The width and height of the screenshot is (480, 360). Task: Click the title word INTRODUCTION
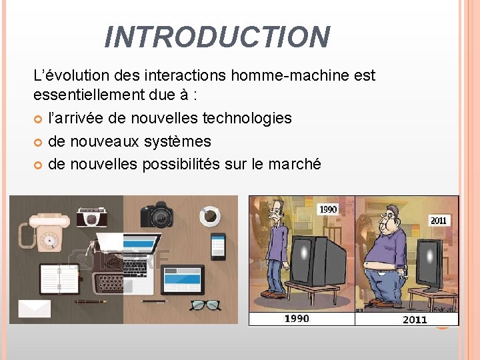pyautogui.click(x=217, y=37)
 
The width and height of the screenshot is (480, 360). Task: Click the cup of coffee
pyautogui.click(x=210, y=215)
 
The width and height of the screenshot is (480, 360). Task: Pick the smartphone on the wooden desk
pyautogui.click(x=217, y=247)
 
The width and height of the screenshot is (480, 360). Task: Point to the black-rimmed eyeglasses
pyautogui.click(x=205, y=305)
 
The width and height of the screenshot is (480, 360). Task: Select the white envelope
pyautogui.click(x=34, y=308)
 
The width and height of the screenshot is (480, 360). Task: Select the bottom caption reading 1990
pyautogui.click(x=297, y=319)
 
